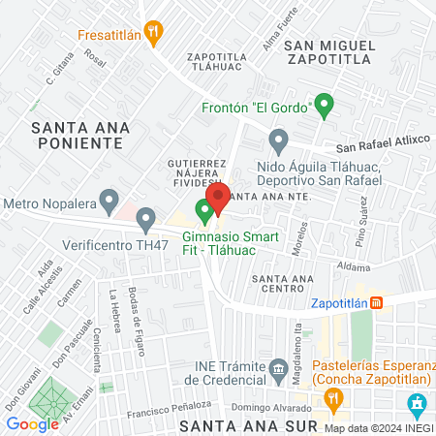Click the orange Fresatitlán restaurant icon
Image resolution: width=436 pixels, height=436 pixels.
[x=151, y=30]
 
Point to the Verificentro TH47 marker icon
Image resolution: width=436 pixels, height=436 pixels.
[x=145, y=219]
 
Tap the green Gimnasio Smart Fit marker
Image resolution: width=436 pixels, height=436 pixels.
[x=204, y=208]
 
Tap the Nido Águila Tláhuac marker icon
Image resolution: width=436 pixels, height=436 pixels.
[x=279, y=143]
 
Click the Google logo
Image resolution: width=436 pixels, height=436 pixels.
[x=32, y=423]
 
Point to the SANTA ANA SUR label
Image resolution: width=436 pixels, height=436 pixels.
[x=239, y=425]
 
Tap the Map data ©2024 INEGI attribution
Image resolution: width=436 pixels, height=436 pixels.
[x=377, y=428]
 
